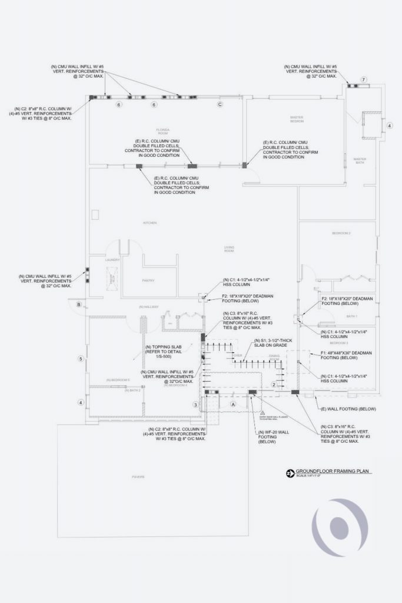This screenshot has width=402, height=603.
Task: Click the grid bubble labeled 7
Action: (x=364, y=79)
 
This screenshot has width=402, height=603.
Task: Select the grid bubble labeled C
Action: (x=220, y=104)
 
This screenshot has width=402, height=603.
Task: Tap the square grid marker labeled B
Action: (x=78, y=304)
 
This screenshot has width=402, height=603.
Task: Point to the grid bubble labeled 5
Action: (x=81, y=359)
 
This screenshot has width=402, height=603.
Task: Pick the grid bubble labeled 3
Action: (x=196, y=405)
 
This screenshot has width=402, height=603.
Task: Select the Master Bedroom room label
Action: (x=297, y=119)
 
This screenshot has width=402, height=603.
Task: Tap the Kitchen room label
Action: (x=150, y=223)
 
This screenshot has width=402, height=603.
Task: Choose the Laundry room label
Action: (x=112, y=260)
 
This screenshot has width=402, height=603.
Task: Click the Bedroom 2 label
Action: (x=341, y=234)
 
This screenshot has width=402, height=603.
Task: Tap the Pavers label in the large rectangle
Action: (x=138, y=476)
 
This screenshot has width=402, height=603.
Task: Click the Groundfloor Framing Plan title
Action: (x=328, y=472)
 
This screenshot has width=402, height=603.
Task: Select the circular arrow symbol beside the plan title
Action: (x=289, y=473)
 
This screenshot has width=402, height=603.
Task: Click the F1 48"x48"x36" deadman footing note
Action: (x=345, y=354)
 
